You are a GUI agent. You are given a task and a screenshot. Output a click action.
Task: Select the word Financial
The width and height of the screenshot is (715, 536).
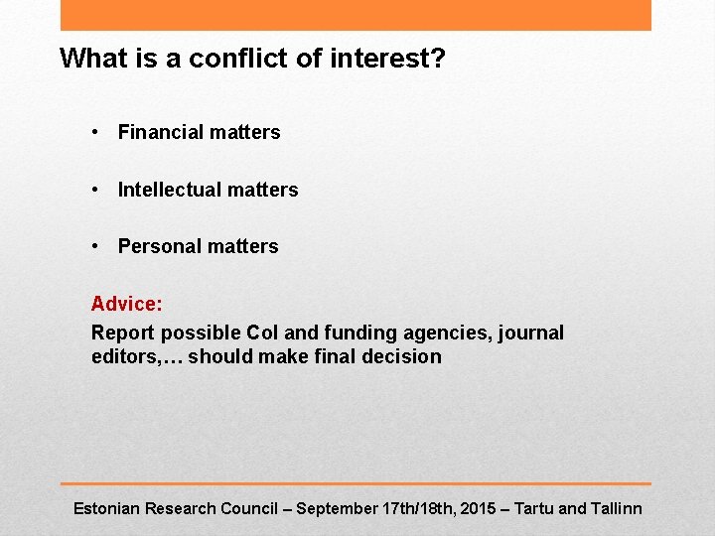(158, 132)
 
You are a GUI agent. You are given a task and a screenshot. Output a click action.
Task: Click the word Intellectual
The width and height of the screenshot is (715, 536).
(169, 190)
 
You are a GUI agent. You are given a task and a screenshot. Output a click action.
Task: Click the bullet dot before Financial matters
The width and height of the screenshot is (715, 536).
(94, 132)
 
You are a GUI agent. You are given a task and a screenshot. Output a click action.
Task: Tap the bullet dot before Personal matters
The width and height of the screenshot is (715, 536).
(94, 246)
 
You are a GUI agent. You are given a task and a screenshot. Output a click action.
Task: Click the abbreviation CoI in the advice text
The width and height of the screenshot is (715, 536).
(263, 333)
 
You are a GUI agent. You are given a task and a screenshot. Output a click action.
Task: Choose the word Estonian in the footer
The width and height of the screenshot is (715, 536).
(106, 508)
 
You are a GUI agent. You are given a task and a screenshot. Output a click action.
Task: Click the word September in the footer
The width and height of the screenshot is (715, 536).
(337, 508)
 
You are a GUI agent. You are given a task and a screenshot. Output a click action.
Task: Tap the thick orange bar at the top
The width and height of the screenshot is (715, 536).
(356, 15)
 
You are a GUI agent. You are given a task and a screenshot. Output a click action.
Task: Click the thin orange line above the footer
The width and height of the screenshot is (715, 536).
(356, 484)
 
